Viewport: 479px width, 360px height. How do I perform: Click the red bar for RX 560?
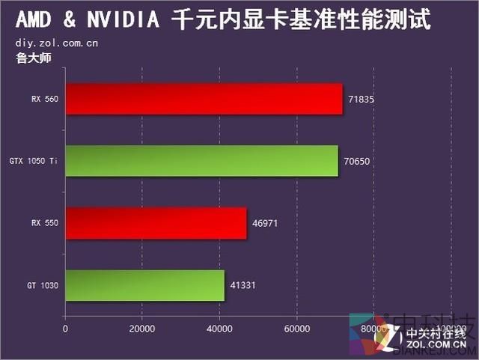[x=204, y=99]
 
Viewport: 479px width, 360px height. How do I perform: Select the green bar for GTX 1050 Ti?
[x=201, y=161]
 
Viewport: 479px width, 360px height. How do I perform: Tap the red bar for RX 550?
[x=156, y=223]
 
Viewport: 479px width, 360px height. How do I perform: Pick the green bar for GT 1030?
[x=144, y=285]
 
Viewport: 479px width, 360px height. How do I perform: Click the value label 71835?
[x=361, y=99]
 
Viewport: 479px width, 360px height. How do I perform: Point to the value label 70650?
[x=357, y=161]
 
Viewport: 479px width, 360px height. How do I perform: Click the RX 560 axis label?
[x=44, y=99]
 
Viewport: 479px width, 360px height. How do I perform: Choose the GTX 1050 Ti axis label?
[x=34, y=161]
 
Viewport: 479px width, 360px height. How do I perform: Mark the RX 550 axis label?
[x=44, y=223]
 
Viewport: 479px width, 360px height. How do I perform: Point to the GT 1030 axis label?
[x=44, y=285]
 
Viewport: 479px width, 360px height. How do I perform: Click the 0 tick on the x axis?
[x=66, y=329]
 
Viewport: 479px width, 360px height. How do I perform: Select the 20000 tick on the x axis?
[x=142, y=329]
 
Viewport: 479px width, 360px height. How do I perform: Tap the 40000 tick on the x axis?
[x=219, y=329]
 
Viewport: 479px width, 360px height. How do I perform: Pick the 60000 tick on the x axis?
[x=296, y=329]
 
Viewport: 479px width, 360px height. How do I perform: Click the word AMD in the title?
[x=31, y=19]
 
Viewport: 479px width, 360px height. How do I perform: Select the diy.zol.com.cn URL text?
[x=56, y=43]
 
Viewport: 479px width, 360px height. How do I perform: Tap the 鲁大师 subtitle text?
[x=33, y=58]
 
